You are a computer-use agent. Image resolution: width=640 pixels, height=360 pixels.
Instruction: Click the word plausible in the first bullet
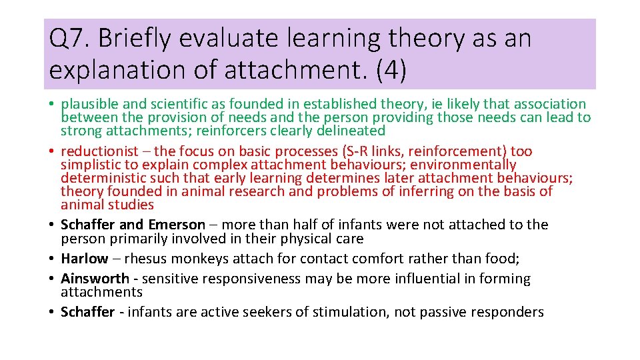point(89,104)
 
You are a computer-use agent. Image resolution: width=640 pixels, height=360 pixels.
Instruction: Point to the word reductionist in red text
point(99,151)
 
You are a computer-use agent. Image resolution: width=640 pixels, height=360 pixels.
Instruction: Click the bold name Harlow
point(84,258)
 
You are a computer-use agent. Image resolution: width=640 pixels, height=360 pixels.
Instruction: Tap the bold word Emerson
point(177,225)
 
